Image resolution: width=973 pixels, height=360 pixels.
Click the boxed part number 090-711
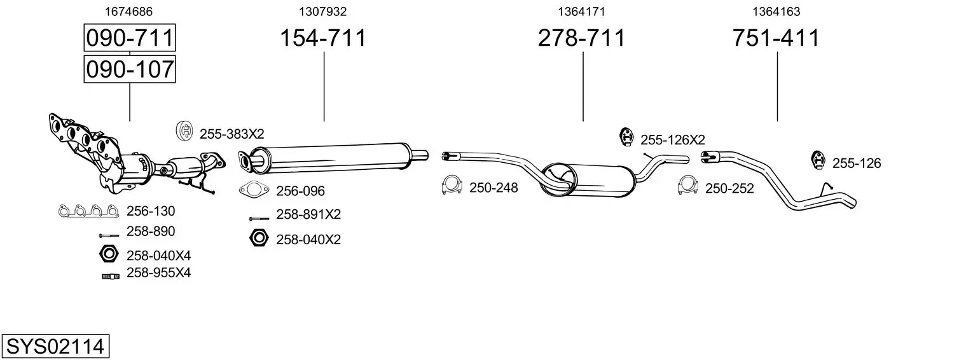click(130, 38)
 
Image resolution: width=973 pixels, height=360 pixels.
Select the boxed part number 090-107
click(130, 69)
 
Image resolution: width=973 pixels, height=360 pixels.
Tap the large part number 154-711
click(323, 38)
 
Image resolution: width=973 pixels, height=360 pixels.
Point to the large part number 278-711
click(582, 38)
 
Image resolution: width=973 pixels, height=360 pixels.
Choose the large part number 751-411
click(776, 38)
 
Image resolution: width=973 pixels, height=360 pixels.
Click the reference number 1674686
click(128, 11)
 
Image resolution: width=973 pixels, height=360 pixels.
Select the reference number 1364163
click(776, 11)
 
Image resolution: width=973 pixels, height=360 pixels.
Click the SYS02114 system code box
click(55, 346)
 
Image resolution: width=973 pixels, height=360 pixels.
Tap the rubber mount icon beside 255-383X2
click(184, 131)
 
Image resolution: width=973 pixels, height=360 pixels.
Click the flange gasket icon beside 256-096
click(254, 190)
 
